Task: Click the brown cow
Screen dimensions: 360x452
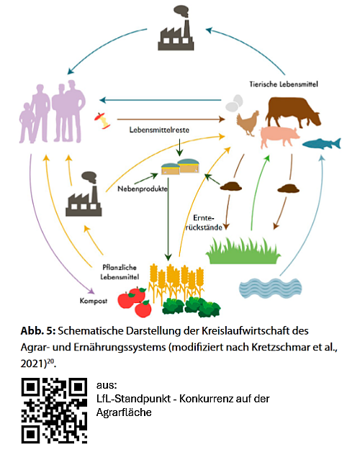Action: point(292,111)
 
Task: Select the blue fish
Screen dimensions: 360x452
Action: point(322,143)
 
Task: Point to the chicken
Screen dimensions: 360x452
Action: point(248,123)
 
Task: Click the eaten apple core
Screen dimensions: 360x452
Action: point(102,120)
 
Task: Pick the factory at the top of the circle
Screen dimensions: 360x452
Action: point(176,28)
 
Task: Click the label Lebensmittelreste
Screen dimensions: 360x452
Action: point(159,130)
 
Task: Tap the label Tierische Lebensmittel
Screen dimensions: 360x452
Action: point(284,84)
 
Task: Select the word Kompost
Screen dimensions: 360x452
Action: point(94,301)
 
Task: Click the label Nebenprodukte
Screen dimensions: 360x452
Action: point(143,189)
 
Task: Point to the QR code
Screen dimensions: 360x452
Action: point(54,410)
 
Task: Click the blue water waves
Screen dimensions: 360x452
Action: point(270,288)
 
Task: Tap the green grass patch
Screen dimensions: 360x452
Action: point(243,250)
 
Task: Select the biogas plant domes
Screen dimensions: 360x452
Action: point(180,166)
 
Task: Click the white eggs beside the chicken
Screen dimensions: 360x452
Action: point(234,103)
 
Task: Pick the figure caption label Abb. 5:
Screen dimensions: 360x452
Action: point(38,330)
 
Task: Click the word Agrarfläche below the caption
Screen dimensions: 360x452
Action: point(124,412)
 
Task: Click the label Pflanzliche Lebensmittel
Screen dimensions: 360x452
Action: point(120,272)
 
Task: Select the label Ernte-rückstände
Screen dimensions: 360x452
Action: point(204,222)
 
